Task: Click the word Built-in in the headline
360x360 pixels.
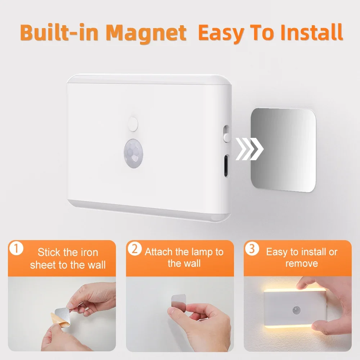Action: point(62,33)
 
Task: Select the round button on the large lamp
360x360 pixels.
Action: point(133,123)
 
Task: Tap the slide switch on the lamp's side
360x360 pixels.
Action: point(226,134)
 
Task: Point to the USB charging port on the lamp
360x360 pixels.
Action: point(226,166)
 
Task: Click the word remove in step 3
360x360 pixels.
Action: point(302,264)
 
